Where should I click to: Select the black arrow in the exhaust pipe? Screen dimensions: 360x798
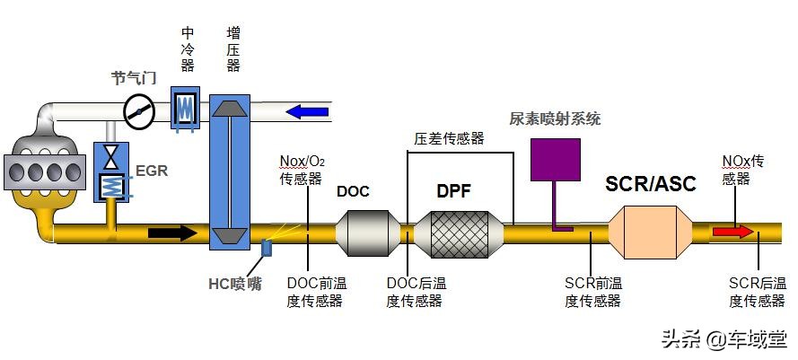[171, 233]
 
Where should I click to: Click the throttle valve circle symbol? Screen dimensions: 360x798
[139, 111]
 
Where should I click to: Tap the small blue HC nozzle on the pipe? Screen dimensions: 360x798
[267, 247]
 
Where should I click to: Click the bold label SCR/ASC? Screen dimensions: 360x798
[650, 185]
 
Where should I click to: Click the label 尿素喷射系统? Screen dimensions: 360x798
[555, 119]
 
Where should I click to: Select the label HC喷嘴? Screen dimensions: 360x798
[235, 285]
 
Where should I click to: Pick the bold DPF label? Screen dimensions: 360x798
[453, 190]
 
